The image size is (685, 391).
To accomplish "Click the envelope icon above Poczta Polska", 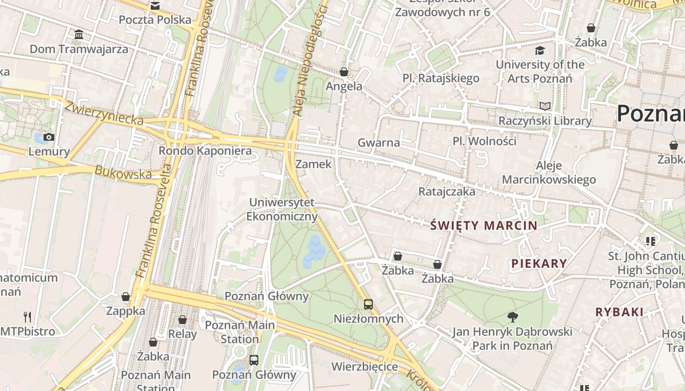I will pyautogui.click(x=155, y=6).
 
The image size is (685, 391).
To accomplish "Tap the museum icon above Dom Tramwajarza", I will pyautogui.click(x=79, y=34).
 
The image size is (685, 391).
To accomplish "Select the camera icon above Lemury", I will pyautogui.click(x=49, y=137).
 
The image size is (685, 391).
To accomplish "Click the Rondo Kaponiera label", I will pyautogui.click(x=205, y=151).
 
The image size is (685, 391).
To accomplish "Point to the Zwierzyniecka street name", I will pyautogui.click(x=104, y=113).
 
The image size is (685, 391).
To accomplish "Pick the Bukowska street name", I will pyautogui.click(x=123, y=173).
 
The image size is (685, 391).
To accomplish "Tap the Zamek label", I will pyautogui.click(x=314, y=164).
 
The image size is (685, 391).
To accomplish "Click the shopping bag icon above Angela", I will pyautogui.click(x=344, y=72).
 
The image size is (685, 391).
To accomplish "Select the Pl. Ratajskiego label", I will pyautogui.click(x=441, y=78).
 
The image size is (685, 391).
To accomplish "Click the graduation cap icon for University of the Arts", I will pyautogui.click(x=540, y=50).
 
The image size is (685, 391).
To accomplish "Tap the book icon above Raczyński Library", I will pyautogui.click(x=545, y=106).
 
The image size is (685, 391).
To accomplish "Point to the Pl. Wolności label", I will pyautogui.click(x=484, y=141).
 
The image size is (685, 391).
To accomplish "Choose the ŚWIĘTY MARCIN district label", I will pyautogui.click(x=484, y=225).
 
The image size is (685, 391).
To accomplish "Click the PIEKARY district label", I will pyautogui.click(x=539, y=264).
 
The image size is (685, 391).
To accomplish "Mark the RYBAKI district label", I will pyautogui.click(x=619, y=312).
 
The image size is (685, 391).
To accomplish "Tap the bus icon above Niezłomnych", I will pyautogui.click(x=368, y=304).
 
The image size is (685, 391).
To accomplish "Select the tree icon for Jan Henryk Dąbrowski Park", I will pyautogui.click(x=512, y=317).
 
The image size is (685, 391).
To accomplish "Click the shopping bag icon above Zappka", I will pyautogui.click(x=126, y=297).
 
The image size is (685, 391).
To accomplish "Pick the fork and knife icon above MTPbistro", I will pyautogui.click(x=27, y=317).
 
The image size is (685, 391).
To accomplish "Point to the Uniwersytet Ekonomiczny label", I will pyautogui.click(x=282, y=209).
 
